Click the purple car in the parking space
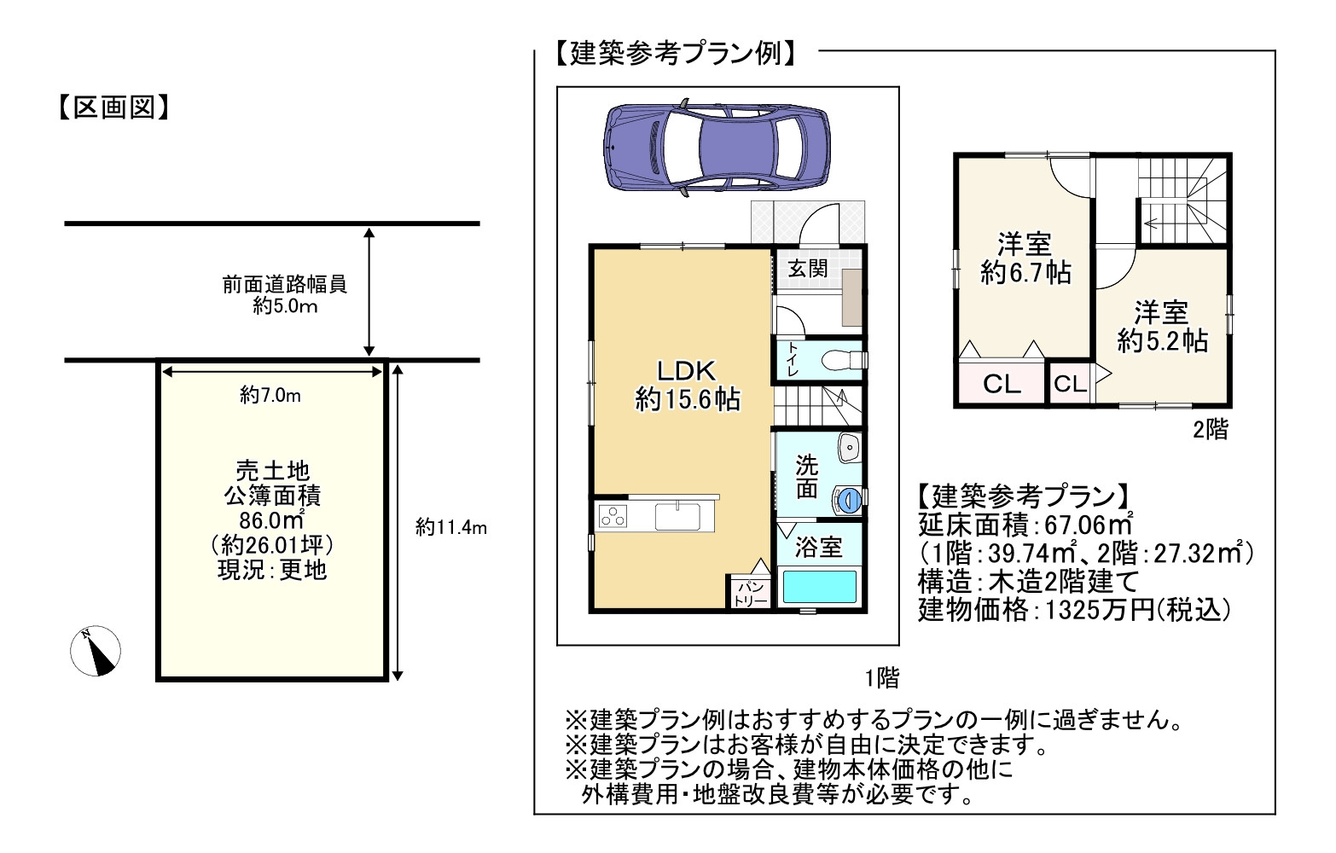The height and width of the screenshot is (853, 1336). [x=716, y=149]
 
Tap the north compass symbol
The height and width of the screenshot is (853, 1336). [x=96, y=651]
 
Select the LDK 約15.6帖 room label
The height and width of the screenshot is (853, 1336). [x=687, y=386]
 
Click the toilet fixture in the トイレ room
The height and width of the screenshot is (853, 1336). [x=844, y=360]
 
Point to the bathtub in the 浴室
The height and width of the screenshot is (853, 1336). [x=820, y=587]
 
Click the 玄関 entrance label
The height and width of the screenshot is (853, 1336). [x=808, y=269]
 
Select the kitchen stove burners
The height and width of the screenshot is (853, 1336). [x=612, y=516]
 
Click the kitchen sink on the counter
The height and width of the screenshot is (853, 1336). [x=677, y=517]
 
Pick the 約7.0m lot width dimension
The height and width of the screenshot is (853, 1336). [x=270, y=395]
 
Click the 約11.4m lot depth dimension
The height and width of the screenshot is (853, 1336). [x=451, y=527]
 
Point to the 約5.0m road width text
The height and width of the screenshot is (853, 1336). [x=285, y=306]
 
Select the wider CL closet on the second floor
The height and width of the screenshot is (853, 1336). [x=1002, y=384]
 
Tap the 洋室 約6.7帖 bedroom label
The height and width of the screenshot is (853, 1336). [x=1025, y=258]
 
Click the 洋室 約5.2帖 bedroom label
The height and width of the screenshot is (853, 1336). [x=1162, y=327]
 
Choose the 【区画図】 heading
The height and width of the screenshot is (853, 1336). [x=114, y=108]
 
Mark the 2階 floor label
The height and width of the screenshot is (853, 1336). [x=1210, y=429]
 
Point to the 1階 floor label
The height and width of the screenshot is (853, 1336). [x=882, y=678]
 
